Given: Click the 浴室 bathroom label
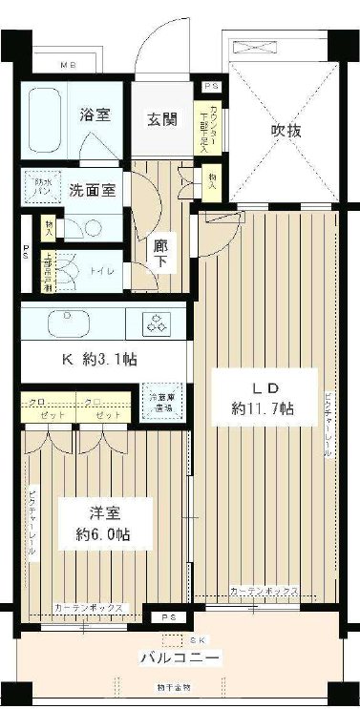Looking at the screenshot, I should [95, 116].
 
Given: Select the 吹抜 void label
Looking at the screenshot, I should [286, 131].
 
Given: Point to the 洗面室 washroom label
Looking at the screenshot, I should [94, 189].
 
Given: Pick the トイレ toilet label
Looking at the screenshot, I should [102, 271].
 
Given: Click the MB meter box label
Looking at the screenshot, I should [69, 66].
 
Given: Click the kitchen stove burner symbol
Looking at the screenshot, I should [154, 323].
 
